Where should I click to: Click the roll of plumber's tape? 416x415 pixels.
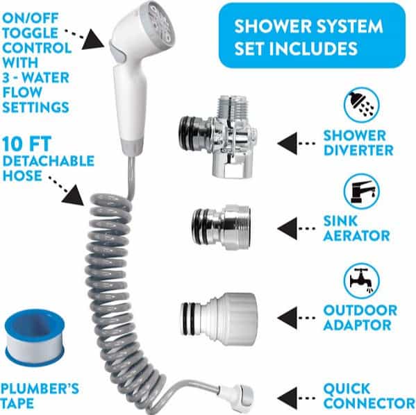[35, 337]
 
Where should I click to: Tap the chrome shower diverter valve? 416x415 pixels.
[218, 137]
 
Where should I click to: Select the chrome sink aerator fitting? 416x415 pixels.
[221, 227]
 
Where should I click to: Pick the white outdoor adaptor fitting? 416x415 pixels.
[219, 319]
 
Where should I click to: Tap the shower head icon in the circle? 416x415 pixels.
[361, 105]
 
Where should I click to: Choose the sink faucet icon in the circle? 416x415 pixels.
[361, 192]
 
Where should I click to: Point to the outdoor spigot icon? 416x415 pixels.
[361, 281]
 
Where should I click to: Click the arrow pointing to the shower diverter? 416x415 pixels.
[297, 144]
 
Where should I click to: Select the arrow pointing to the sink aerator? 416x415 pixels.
[297, 228]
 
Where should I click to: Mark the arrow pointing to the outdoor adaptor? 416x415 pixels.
[297, 318]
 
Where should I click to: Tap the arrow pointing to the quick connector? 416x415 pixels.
[297, 398]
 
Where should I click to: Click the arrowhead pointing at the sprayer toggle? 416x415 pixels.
[93, 40]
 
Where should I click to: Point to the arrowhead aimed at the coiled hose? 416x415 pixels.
[73, 196]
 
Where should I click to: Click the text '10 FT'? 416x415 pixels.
[26, 144]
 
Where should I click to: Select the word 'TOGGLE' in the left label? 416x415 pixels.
[30, 33]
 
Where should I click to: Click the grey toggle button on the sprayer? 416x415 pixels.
[119, 53]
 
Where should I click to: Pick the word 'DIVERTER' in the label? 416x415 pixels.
[358, 151]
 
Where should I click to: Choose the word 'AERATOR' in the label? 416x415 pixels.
[357, 236]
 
